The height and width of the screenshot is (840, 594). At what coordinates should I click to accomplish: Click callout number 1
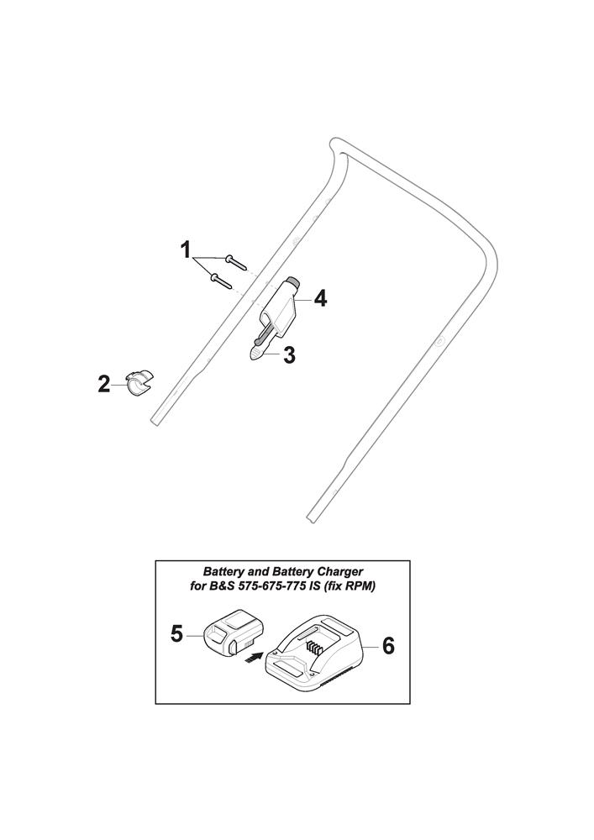point(186,249)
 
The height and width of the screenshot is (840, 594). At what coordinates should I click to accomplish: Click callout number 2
point(104,384)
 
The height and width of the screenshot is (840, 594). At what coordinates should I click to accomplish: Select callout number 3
point(289,355)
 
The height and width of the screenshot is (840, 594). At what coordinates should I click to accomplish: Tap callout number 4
point(320,298)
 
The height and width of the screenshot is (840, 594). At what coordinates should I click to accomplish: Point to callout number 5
point(176,634)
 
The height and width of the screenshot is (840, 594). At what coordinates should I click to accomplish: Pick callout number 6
point(388,646)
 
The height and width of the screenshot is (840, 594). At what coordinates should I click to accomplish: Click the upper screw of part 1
point(236,261)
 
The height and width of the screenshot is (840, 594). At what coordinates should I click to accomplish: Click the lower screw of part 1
point(221,281)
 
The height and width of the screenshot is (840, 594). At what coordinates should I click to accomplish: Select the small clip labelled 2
point(139,382)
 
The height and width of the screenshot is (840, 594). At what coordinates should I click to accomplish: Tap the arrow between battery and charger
point(253,658)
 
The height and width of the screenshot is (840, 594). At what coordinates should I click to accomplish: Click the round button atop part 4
point(292,281)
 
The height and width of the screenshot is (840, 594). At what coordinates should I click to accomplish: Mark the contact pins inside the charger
point(315,648)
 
